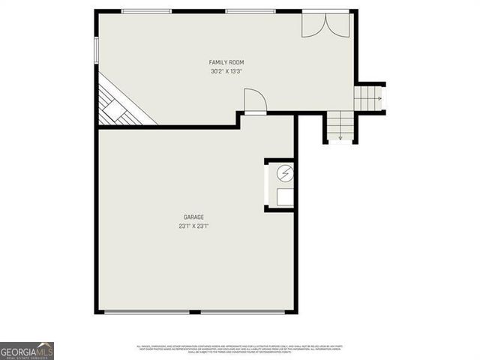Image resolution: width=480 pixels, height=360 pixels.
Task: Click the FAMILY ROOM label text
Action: (226, 62)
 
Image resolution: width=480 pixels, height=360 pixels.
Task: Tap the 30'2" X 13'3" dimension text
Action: (226, 71)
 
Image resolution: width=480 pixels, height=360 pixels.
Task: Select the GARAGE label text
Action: (194, 217)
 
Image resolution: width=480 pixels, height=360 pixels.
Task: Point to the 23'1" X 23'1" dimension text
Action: (193, 226)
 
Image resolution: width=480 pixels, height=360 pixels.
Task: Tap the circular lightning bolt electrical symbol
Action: (284, 174)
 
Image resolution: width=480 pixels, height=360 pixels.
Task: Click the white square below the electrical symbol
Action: (284, 197)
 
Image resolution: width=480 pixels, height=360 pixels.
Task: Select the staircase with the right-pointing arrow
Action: (368, 97)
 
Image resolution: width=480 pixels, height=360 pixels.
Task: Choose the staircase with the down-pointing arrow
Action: (340, 125)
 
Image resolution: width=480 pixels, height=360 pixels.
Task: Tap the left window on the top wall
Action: (146, 11)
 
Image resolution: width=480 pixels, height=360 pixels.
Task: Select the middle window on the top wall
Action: (250, 11)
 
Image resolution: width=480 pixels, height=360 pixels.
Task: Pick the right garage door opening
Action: (243, 311)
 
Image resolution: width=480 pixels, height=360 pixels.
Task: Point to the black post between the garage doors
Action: (194, 311)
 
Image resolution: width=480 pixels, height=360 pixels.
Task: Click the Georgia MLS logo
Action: (27, 350)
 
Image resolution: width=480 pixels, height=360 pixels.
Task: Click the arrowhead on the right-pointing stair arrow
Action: (380, 97)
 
